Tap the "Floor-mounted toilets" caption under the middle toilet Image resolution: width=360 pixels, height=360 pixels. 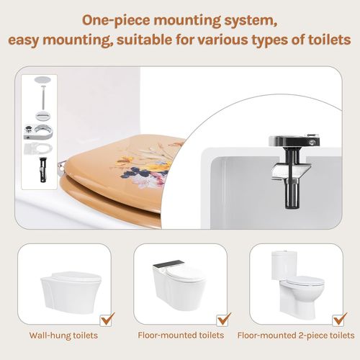[x=180, y=335]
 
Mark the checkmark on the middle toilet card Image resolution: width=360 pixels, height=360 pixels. [x=223, y=317]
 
